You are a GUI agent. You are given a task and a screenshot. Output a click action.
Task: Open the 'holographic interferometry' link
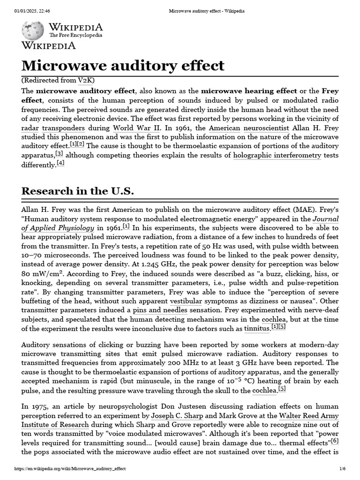[277, 155]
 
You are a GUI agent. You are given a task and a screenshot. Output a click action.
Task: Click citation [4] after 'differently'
[60, 164]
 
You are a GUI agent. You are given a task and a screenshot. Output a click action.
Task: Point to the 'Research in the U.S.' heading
[78, 191]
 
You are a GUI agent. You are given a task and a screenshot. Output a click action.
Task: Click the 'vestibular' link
[186, 301]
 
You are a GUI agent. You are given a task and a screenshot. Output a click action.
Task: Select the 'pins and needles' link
[160, 310]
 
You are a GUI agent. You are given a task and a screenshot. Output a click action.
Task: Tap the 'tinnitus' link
[257, 329]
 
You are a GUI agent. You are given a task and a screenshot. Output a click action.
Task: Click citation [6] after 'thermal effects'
[335, 441]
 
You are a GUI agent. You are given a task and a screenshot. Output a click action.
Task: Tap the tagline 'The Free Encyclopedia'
[75, 35]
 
